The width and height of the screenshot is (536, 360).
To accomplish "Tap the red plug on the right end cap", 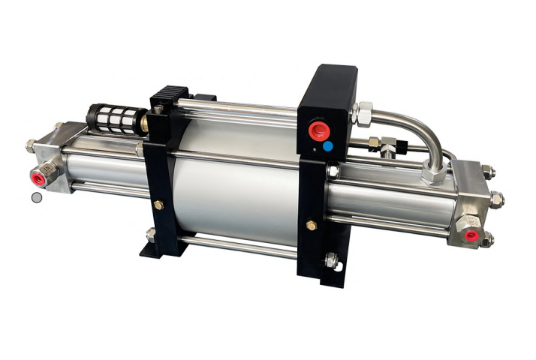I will [x=471, y=235].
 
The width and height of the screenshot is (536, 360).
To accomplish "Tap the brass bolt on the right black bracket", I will [x=312, y=225].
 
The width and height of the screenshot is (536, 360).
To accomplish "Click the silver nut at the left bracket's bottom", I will [x=149, y=234].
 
